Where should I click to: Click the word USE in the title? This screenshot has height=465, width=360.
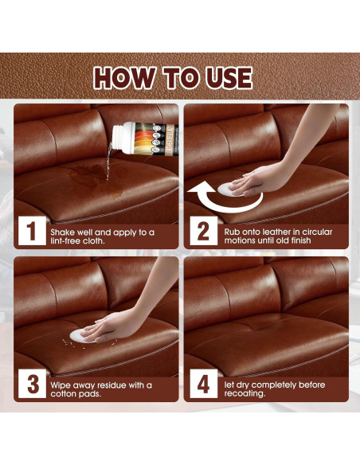click(x=229, y=78)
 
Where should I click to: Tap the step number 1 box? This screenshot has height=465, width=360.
click(x=32, y=231)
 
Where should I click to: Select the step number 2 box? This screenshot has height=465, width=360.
click(x=203, y=231)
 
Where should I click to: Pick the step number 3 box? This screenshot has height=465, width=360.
click(x=32, y=384)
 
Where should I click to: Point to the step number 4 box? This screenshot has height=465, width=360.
click(x=203, y=384)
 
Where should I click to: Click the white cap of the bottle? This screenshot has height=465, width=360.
click(x=122, y=137)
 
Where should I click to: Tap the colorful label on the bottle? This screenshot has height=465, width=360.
click(x=155, y=139)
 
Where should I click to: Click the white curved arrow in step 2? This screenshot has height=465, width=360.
click(x=225, y=198)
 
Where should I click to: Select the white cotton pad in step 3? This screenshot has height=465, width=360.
click(x=78, y=336)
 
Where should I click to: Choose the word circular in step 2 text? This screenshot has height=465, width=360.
click(x=318, y=232)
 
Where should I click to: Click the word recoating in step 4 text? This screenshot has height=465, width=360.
click(x=245, y=393)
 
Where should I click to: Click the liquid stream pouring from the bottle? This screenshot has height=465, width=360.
click(x=109, y=162)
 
